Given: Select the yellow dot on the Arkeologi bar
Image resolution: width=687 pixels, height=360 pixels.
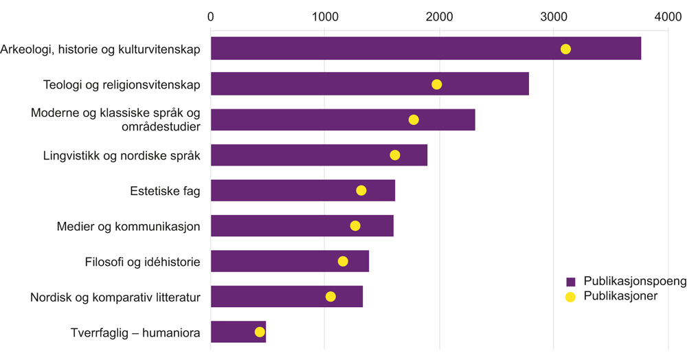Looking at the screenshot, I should [x=565, y=49].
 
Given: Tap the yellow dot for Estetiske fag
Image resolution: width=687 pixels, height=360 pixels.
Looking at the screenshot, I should [x=361, y=190].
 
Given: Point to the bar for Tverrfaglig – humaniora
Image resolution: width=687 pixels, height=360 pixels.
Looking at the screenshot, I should [x=238, y=332].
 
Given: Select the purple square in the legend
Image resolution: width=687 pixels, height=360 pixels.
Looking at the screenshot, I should [x=570, y=282].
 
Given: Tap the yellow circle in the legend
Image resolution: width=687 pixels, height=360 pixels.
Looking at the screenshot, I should [x=570, y=296].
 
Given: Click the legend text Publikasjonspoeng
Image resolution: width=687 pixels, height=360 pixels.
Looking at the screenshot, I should [x=634, y=281].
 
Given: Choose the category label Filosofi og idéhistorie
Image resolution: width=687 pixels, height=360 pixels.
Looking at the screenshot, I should [x=142, y=262].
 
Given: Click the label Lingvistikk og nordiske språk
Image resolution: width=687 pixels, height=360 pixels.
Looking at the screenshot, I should [x=122, y=155].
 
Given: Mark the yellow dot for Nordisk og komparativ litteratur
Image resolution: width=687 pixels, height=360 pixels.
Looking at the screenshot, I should [x=330, y=296].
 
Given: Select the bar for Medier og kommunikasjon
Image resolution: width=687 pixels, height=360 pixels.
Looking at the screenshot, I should [x=302, y=225].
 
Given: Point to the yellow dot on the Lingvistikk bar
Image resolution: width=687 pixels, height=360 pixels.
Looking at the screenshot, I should [x=395, y=155].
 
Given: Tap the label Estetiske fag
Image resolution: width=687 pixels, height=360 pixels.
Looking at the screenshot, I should [x=165, y=191].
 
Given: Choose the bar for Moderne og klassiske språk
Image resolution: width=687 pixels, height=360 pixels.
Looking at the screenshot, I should [x=343, y=120].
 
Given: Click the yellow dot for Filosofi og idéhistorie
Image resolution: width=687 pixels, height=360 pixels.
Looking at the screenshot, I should [x=343, y=261].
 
